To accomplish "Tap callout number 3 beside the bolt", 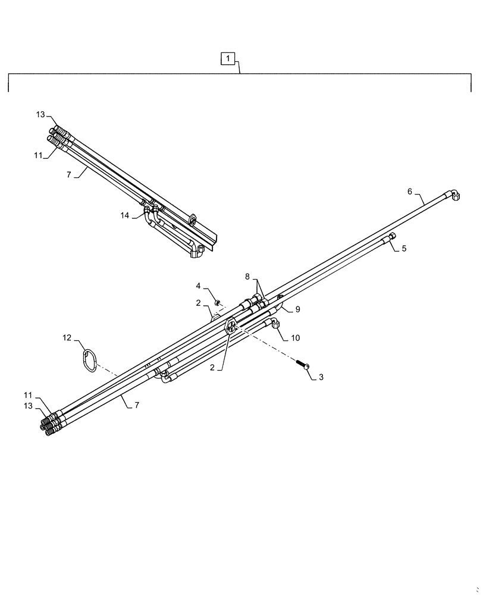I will [x=321, y=377].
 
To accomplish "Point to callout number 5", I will [x=404, y=249].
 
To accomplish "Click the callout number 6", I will [x=409, y=191].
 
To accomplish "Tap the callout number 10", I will [x=296, y=337].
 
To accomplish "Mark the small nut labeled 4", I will [x=218, y=303].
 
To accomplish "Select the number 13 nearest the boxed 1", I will [x=40, y=114].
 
